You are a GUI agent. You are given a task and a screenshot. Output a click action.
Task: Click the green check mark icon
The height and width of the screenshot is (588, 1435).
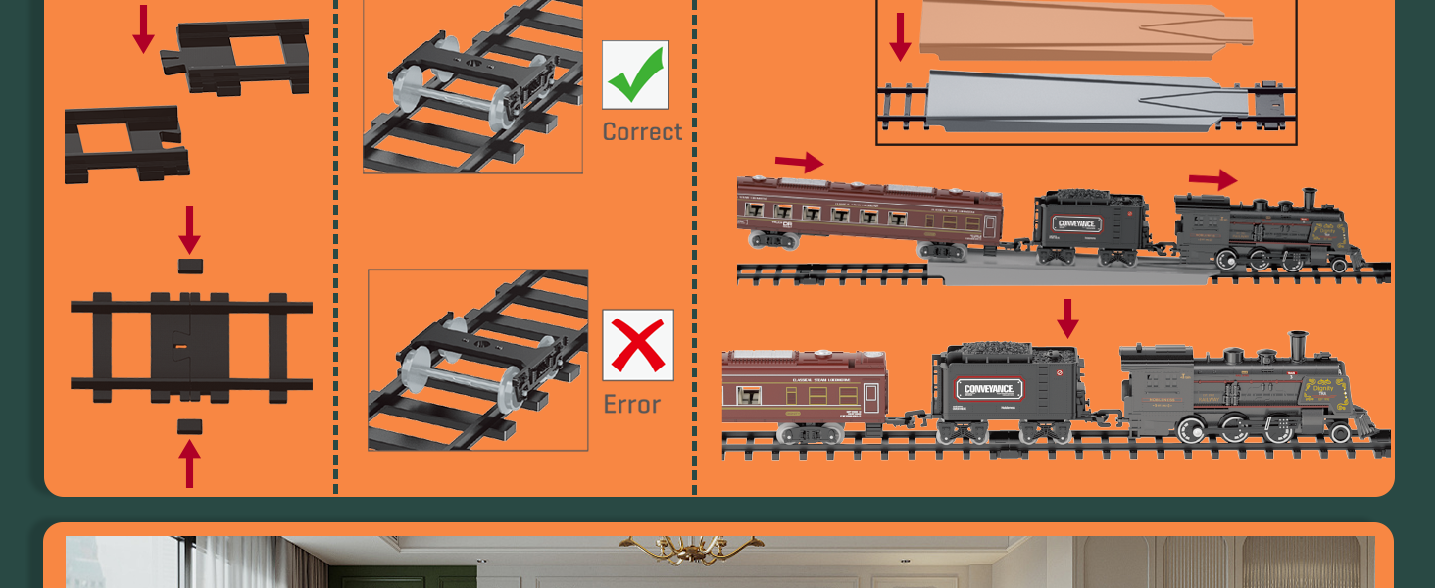point(635,75)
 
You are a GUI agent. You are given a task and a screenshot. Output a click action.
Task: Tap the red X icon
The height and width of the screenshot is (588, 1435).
point(638,345)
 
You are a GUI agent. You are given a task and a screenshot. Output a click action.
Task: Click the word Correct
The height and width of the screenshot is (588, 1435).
point(642,131)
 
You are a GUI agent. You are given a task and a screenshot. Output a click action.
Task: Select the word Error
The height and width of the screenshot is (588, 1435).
point(631,404)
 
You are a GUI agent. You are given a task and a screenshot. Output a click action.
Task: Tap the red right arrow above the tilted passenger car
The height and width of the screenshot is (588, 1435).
point(799,162)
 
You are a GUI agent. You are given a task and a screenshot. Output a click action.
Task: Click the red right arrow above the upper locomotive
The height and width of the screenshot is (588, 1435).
point(1212,180)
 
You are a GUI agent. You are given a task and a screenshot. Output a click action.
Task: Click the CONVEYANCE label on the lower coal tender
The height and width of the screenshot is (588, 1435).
point(990,389)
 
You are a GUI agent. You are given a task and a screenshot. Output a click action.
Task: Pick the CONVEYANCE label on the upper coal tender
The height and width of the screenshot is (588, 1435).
point(1076,223)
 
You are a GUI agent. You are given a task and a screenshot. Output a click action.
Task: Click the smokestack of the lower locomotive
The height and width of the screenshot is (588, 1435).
point(1298,346)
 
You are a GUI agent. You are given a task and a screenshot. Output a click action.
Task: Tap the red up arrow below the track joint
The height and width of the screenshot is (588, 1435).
point(189,463)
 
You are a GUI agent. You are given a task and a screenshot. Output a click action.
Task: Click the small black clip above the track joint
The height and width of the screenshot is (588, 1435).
point(190,266)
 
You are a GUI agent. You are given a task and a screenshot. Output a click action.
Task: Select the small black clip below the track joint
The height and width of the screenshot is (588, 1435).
point(190,426)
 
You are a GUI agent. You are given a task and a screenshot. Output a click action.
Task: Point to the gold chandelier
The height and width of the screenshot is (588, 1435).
point(690,549)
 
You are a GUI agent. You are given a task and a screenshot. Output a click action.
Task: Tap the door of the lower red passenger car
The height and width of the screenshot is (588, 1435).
point(869,397)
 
